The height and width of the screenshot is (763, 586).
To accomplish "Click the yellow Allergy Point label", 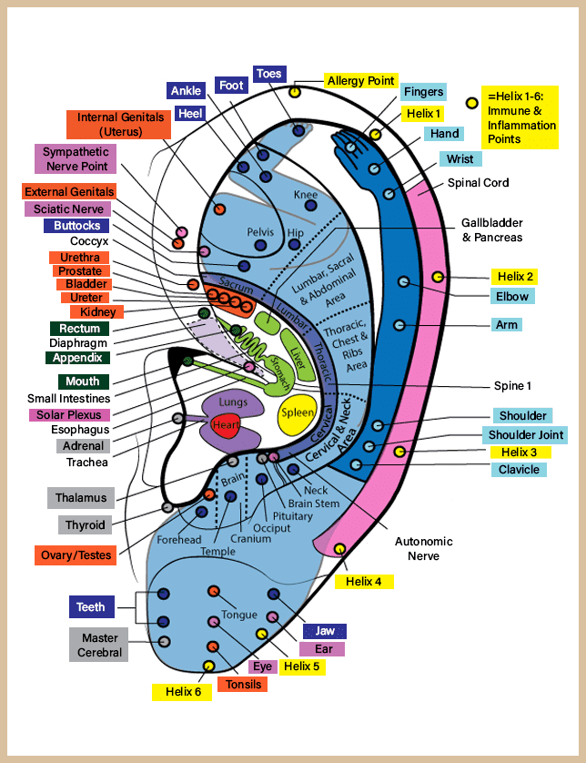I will [361, 80].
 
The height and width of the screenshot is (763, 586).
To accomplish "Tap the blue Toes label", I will [269, 74].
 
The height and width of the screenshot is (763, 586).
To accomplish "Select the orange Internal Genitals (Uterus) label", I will [119, 126].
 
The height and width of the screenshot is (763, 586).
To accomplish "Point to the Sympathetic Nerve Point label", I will [76, 159].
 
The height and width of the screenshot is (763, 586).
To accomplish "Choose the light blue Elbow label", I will [512, 296].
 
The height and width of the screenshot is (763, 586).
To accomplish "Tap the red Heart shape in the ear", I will [226, 425].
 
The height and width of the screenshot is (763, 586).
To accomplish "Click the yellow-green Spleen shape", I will [297, 412].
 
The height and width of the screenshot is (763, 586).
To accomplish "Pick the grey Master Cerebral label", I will [99, 646].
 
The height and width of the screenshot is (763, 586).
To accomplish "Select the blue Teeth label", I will [91, 607].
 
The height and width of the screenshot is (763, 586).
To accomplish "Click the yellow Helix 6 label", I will [183, 691].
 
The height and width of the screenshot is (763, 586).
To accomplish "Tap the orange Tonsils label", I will [243, 684].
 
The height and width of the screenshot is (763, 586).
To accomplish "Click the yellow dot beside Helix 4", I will [339, 548].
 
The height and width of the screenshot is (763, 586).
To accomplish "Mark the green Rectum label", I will [79, 329].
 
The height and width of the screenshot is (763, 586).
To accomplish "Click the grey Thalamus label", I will [81, 498].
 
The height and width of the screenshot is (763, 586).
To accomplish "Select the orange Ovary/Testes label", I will [76, 554].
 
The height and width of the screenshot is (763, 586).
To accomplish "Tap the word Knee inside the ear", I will [306, 195].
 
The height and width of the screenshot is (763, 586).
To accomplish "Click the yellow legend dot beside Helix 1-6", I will [471, 103].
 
